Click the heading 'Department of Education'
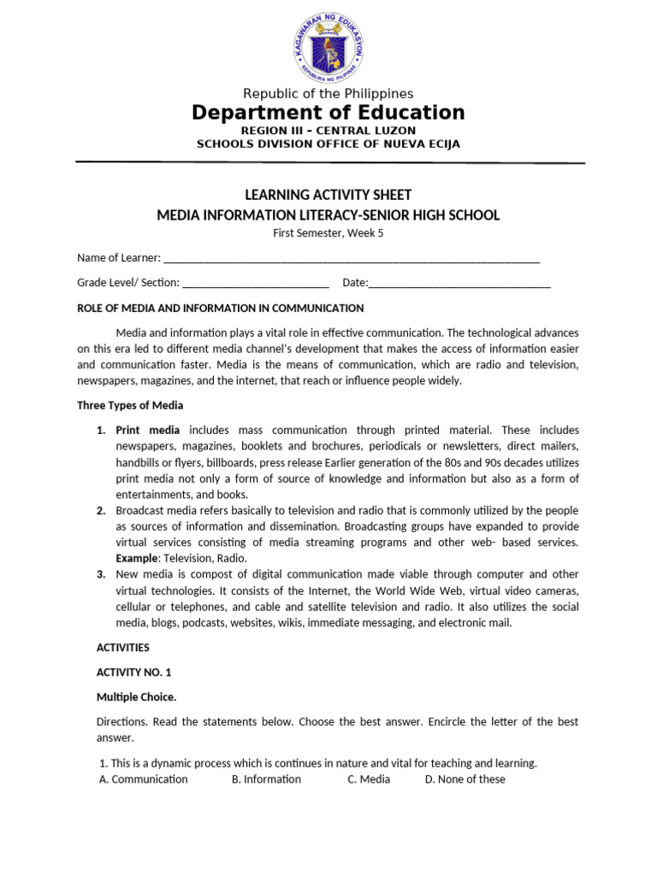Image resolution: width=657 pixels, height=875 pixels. pos(328,113)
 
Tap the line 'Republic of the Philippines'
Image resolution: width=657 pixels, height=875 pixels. pos(328,93)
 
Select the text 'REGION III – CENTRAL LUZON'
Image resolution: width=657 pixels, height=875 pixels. pos(328,130)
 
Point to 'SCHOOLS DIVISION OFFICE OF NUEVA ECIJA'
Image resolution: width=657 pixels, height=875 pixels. pos(328,144)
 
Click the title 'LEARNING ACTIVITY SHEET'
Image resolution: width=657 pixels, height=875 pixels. pos(328,195)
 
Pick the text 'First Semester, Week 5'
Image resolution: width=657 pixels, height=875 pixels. pos(328,233)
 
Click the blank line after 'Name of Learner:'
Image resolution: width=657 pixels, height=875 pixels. pos(351,259)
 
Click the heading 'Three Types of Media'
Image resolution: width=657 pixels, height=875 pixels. pos(130,405)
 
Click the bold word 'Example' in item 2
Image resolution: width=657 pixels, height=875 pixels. pos(137,558)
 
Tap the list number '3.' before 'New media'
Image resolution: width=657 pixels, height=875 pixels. pos(100,574)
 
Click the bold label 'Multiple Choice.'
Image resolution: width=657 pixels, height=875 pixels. pos(136,696)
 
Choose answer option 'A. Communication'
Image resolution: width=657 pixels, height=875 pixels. pos(144,779)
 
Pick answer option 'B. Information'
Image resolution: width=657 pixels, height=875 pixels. pos(266,779)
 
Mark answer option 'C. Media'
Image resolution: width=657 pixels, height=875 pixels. pos(369,779)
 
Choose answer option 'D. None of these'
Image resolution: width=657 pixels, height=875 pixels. pos(465,779)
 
